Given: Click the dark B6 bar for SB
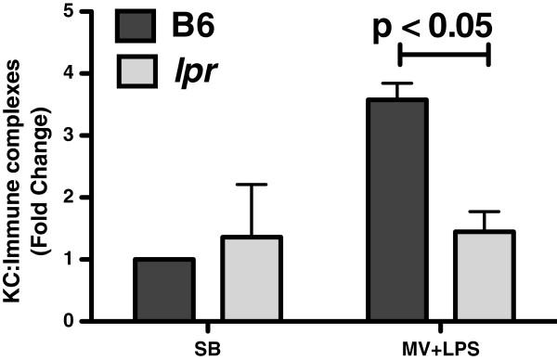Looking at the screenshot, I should (164, 289).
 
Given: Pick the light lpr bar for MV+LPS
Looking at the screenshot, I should (457, 276).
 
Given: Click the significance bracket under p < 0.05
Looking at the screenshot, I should (444, 55).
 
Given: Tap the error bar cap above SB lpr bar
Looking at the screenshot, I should (224, 185).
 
